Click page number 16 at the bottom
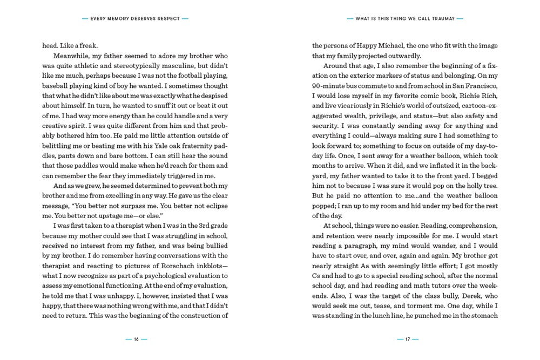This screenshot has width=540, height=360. [x=136, y=339]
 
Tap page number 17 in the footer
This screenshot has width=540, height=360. [x=408, y=339]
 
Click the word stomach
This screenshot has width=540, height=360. [x=483, y=315]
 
